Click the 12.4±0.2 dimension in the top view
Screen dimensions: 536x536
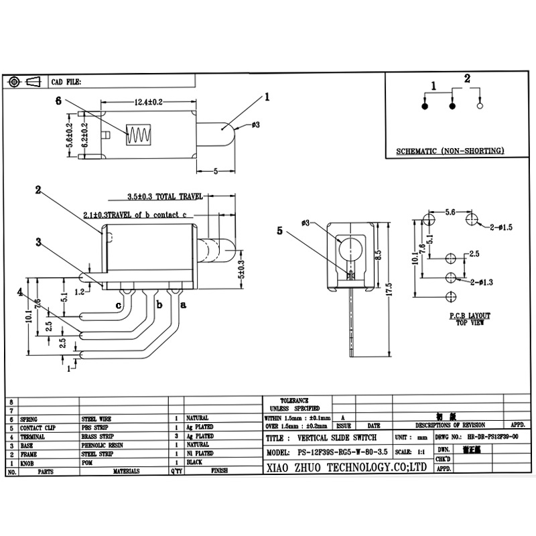point(149,102)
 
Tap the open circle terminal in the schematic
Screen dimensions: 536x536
point(480,106)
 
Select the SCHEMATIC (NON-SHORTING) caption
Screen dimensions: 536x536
point(449,151)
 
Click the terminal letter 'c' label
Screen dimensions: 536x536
point(119,306)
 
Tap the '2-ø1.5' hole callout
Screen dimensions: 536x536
point(500,228)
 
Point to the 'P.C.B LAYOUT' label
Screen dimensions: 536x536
point(470,315)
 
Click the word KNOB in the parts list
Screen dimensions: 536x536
point(27,463)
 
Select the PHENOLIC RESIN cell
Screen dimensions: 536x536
point(103,445)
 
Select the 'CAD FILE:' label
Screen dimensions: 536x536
point(66,82)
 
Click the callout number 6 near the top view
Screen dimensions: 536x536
point(58,101)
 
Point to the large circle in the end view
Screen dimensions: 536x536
point(349,250)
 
